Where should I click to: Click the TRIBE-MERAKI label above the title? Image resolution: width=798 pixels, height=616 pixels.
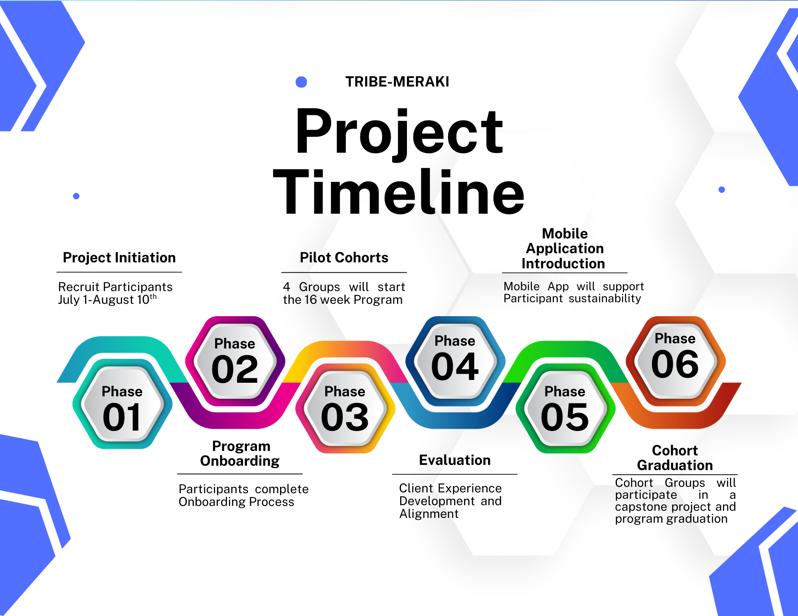(x=397, y=82)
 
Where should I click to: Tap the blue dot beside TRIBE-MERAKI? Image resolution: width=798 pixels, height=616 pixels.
(x=301, y=82)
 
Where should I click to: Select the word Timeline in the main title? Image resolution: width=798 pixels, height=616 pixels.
(x=399, y=192)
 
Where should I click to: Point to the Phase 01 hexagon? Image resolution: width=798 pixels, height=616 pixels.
(x=122, y=404)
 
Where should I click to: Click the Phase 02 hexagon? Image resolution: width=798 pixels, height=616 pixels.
(x=235, y=361)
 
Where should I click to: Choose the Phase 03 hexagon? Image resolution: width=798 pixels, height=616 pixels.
(x=345, y=408)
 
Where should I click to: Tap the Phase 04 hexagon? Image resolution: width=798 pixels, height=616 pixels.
(x=455, y=361)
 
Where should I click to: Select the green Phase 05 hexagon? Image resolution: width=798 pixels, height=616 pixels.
(x=565, y=408)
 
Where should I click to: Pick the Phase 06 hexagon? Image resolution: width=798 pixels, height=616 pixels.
(x=676, y=361)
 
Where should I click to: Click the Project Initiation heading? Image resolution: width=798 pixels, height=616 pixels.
(x=119, y=258)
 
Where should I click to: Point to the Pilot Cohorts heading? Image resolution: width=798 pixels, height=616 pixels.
(x=344, y=258)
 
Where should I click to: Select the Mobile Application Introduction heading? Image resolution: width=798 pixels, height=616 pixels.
(x=564, y=248)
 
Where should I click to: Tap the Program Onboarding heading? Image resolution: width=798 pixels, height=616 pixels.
(x=240, y=453)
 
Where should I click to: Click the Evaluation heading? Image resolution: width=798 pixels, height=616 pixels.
(x=455, y=460)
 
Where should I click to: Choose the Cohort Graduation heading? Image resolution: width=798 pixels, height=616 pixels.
(x=675, y=458)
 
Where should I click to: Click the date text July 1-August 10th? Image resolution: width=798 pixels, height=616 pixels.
(x=107, y=299)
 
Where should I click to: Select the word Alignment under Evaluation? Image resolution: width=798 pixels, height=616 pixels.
(x=429, y=514)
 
